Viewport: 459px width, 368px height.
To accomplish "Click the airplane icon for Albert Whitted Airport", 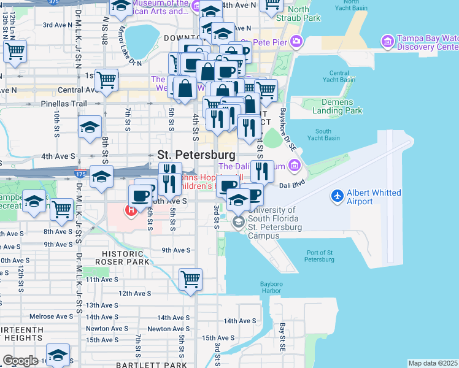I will click(x=337, y=196).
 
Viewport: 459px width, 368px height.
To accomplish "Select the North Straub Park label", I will click(x=304, y=13).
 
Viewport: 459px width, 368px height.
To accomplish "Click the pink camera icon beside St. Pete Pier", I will click(x=297, y=42).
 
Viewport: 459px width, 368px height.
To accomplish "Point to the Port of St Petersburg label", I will click(x=318, y=256).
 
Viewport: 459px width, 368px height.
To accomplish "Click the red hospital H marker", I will click(x=130, y=211).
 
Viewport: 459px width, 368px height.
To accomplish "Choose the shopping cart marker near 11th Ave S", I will click(x=191, y=279).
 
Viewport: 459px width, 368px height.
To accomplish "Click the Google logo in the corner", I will click(x=20, y=361).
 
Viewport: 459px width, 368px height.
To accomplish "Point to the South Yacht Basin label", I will click(x=327, y=134).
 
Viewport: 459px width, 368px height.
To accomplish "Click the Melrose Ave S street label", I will click(x=52, y=316).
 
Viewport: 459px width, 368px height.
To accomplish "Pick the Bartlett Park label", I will click(x=163, y=365).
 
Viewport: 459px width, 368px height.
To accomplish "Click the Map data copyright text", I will click(x=433, y=363).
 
